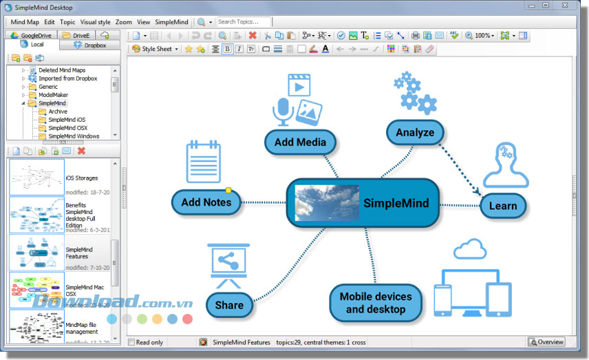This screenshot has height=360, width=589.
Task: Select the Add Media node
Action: click(x=300, y=142)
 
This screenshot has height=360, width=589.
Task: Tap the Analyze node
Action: click(x=415, y=132)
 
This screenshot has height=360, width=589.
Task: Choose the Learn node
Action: click(x=502, y=206)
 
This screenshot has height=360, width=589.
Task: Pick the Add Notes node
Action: click(x=206, y=202)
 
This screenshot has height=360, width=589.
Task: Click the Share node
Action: click(x=229, y=305)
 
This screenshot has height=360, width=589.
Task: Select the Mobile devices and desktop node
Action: click(x=375, y=303)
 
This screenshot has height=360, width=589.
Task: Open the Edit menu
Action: click(x=50, y=22)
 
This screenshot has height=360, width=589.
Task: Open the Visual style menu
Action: click(x=95, y=22)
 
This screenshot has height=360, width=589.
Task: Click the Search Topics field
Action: click(x=244, y=22)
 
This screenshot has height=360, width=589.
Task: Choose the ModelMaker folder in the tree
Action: click(x=53, y=95)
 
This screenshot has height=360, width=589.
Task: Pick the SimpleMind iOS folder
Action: click(x=67, y=119)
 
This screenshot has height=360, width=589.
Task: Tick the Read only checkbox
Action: click(x=132, y=342)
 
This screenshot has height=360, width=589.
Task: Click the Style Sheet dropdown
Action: click(x=156, y=49)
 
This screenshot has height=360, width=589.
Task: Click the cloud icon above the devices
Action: click(x=469, y=248)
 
